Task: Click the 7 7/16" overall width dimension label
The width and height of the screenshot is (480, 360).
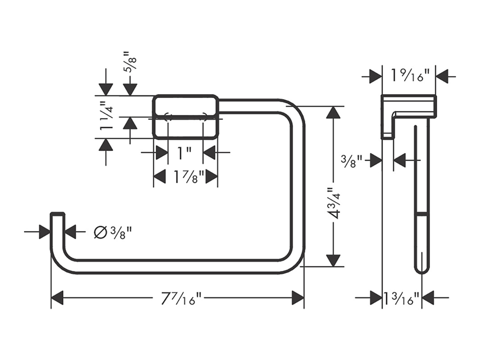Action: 181,298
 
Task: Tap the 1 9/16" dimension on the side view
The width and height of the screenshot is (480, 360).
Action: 408,76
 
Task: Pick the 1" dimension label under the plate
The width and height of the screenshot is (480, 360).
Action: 184,152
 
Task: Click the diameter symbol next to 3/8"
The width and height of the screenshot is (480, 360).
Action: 100,232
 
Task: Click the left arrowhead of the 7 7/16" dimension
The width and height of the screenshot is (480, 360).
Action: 57,298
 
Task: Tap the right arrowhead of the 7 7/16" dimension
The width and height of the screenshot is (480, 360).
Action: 298,298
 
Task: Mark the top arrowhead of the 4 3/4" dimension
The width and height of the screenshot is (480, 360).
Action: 333,112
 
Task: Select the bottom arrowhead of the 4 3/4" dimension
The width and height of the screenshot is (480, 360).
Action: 333,260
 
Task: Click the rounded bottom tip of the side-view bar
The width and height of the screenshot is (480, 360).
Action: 422,270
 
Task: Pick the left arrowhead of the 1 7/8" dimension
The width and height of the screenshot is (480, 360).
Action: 159,176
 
